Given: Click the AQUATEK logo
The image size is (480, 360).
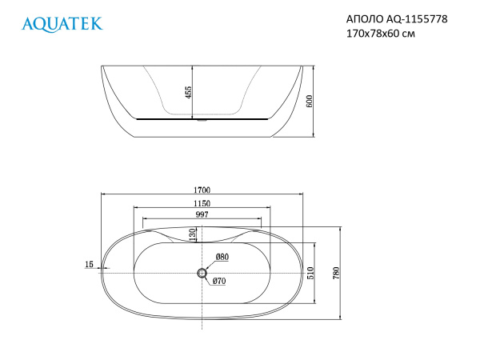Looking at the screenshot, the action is [62, 24].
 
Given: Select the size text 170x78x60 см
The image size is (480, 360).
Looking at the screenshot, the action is [381, 33].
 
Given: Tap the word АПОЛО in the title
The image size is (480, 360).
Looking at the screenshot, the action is [365, 19].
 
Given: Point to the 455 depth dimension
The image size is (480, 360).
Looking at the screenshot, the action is [189, 92].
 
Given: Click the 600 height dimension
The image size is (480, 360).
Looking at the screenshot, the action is [310, 102].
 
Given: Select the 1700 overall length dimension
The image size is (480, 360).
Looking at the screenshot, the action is [202, 190].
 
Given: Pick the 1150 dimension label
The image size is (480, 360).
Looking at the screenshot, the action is [202, 203].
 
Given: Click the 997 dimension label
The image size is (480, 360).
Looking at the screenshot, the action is [202, 214].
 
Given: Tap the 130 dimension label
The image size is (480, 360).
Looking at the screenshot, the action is [192, 234].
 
